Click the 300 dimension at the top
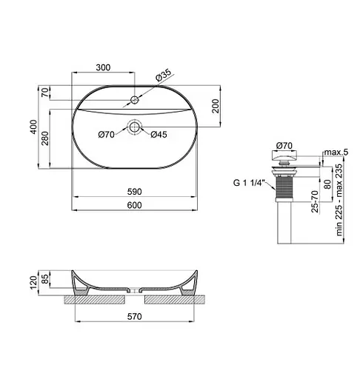click(x=103, y=67)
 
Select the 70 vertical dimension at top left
click(x=45, y=93)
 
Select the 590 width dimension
click(x=134, y=192)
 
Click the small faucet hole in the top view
click(x=134, y=98)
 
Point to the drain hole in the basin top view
click(x=134, y=127)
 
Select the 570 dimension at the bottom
click(x=134, y=317)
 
